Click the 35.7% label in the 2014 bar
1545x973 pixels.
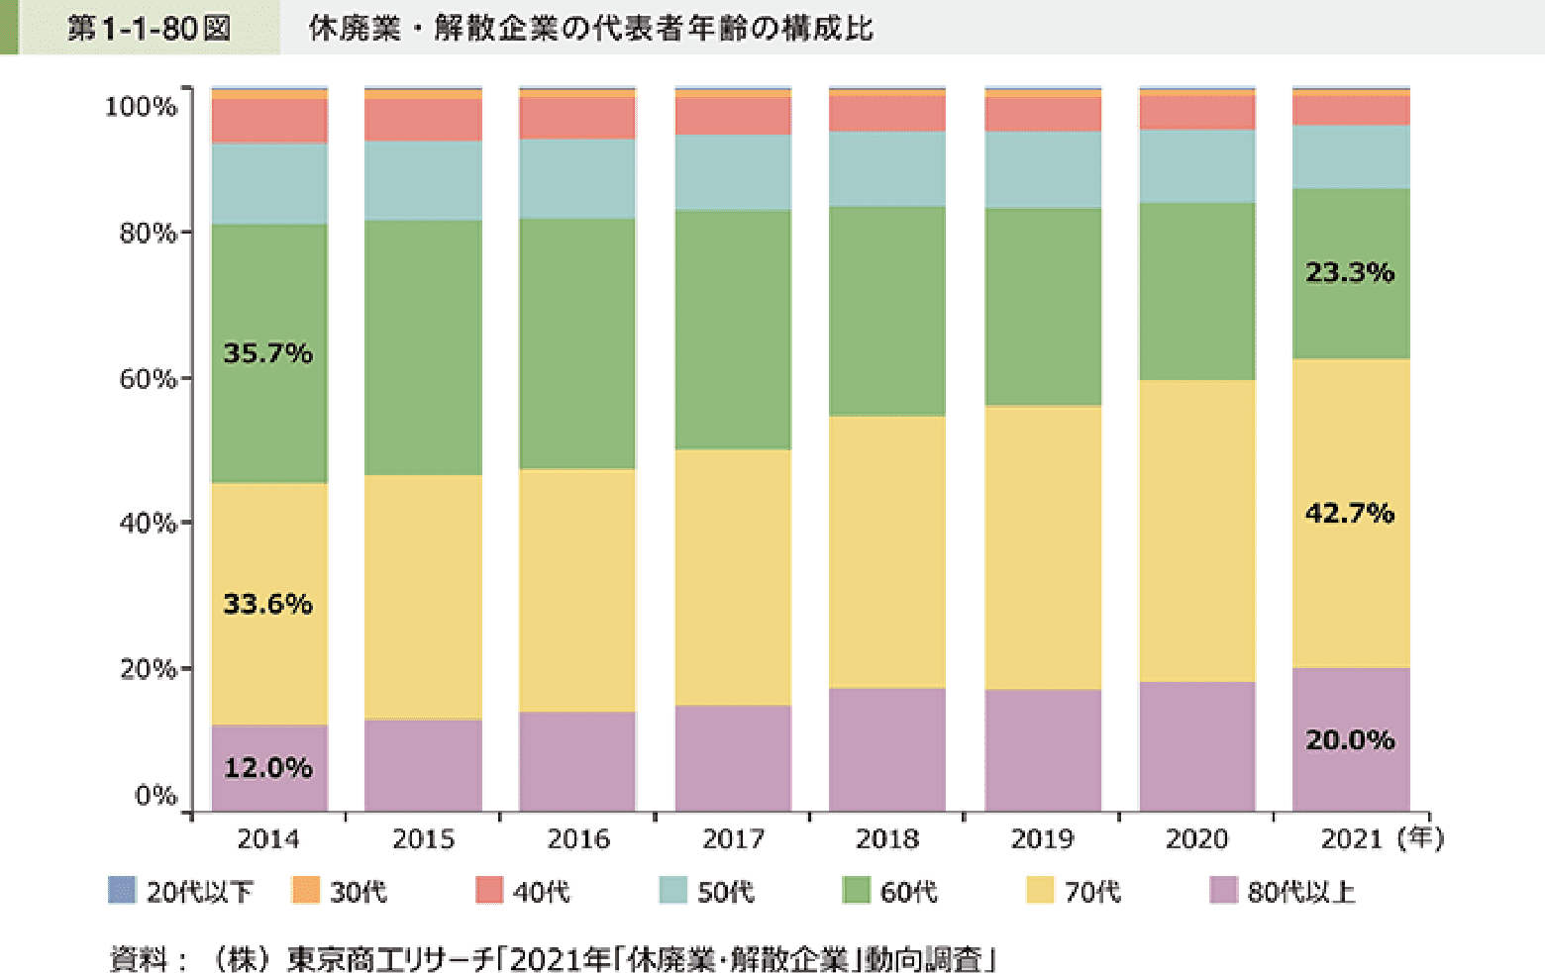click(267, 353)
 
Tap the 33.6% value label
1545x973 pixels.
click(267, 604)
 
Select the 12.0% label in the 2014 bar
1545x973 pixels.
click(267, 768)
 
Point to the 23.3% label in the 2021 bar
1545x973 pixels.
click(1349, 272)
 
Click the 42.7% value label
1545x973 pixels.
click(1349, 513)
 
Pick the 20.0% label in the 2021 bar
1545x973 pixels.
click(1349, 740)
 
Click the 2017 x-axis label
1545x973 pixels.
click(733, 839)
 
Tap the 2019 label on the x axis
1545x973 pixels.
click(1042, 839)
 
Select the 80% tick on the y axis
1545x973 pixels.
click(148, 234)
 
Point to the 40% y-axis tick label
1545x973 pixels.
click(148, 523)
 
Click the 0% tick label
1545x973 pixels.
click(155, 796)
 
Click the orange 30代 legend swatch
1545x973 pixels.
click(306, 891)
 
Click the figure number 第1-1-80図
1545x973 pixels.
click(149, 28)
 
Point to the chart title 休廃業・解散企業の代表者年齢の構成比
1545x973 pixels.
click(590, 28)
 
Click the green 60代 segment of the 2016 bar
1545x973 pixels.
click(577, 343)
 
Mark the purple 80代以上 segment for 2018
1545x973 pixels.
click(886, 749)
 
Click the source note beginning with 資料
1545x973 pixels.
click(553, 958)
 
